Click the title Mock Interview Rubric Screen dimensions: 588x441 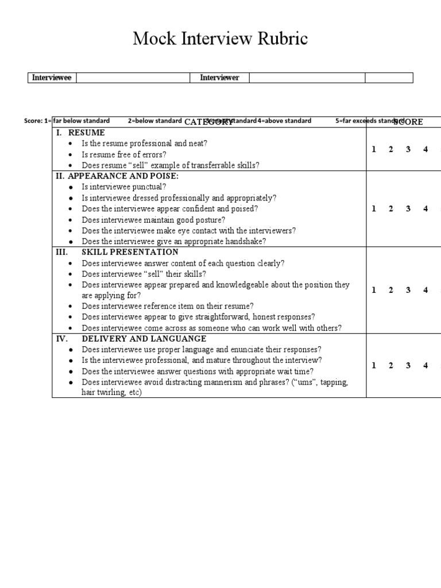point(220,38)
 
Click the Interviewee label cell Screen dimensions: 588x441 point(52,78)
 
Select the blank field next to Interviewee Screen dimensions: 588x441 point(133,78)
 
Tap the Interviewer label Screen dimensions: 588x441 point(219,78)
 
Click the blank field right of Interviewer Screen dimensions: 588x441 point(307,78)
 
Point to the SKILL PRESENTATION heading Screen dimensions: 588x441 point(130,252)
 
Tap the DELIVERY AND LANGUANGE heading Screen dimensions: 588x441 point(144,339)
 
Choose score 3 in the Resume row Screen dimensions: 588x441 point(408,149)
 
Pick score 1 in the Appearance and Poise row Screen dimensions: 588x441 point(374,209)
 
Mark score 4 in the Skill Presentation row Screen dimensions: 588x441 point(425,290)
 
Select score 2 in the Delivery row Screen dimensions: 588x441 point(391,365)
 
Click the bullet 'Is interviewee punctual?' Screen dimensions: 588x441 point(124,187)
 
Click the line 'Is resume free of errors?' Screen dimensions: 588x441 point(123,154)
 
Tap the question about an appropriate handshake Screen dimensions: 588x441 point(173,242)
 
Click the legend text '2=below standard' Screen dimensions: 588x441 point(154,121)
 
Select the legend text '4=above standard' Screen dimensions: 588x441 point(284,121)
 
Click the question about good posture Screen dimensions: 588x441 point(153,220)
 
